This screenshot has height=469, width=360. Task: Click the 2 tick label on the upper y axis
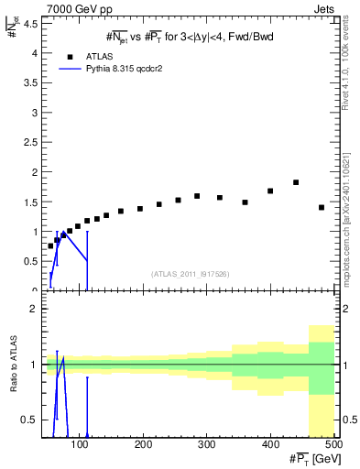(x=34, y=171)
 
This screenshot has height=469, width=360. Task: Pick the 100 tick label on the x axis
(x=81, y=444)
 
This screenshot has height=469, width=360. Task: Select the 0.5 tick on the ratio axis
(x=31, y=420)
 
